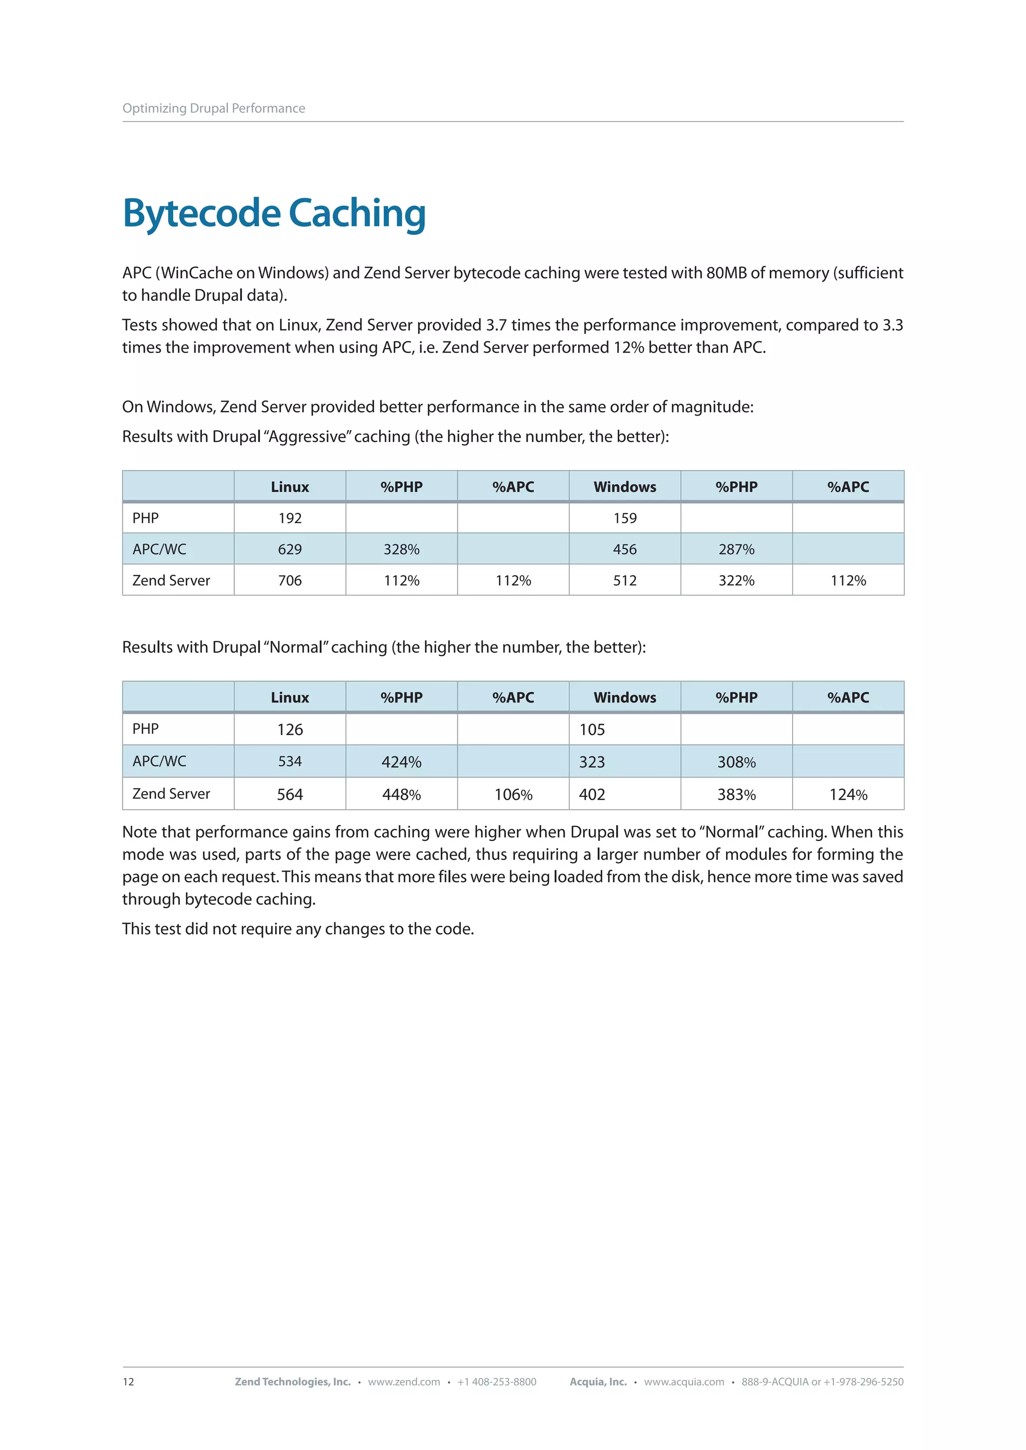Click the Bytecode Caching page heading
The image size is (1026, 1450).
pos(274,213)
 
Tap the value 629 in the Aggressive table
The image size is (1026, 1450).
pos(290,549)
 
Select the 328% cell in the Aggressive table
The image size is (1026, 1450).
pos(402,549)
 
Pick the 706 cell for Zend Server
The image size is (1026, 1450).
pos(290,580)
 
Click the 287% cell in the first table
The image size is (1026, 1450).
pos(736,549)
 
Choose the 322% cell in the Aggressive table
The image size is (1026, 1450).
pos(736,580)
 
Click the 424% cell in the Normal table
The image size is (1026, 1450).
pos(402,762)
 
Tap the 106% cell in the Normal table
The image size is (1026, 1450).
pos(514,795)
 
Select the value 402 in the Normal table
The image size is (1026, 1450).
pos(593,795)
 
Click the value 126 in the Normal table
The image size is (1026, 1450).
pos(290,730)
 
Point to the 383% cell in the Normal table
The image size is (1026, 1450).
pos(736,795)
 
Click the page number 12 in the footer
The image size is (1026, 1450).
pos(128,1382)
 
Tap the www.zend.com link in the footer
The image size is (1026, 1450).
pos(404,1382)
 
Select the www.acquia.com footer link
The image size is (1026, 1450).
pos(684,1382)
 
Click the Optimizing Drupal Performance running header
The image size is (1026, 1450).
pos(213,108)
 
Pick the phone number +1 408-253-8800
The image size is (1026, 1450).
pos(496,1382)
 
